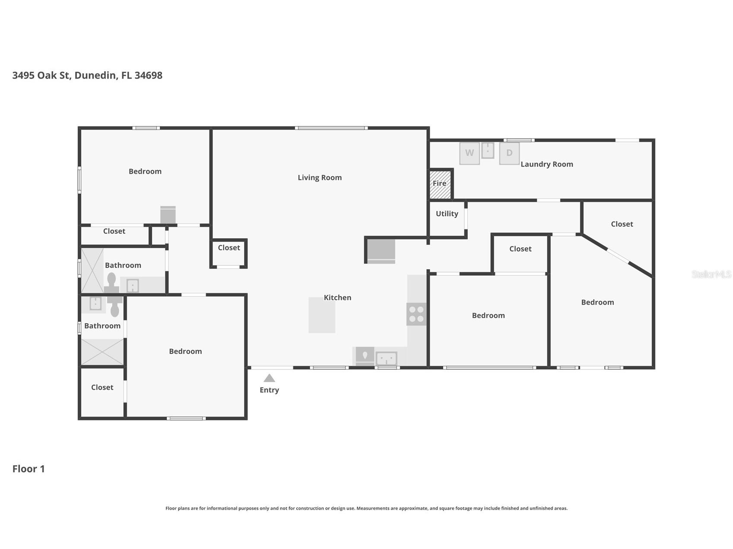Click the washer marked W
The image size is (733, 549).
(x=470, y=153)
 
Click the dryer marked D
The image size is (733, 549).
(x=509, y=153)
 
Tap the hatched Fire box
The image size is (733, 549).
(x=440, y=184)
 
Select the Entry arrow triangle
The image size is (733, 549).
(x=270, y=378)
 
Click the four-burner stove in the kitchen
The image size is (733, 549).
(x=416, y=314)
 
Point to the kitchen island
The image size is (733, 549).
(x=322, y=315)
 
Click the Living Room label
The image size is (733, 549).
(x=320, y=177)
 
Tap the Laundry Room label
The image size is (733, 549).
(x=547, y=164)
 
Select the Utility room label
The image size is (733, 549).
(x=447, y=214)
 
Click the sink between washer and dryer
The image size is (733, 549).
(x=488, y=151)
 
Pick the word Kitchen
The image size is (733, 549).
(x=338, y=297)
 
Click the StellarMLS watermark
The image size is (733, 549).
(x=711, y=274)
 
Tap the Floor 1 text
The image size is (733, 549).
(x=29, y=469)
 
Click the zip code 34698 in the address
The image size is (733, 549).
(x=149, y=75)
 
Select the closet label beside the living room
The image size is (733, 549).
(x=229, y=248)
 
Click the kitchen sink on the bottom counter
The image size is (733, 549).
(x=387, y=359)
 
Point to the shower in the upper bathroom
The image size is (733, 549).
(x=92, y=271)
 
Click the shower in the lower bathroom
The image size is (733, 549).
(x=102, y=352)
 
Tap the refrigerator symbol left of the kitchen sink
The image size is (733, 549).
(x=365, y=357)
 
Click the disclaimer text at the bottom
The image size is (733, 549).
(x=366, y=508)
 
